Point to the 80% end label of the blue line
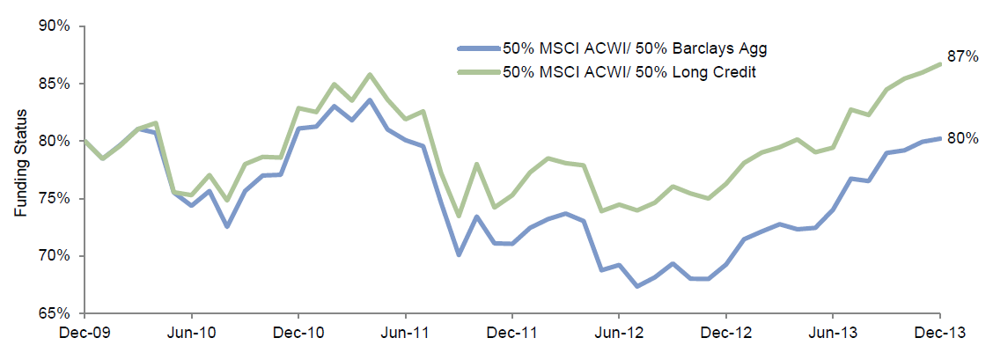coord(963,137)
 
